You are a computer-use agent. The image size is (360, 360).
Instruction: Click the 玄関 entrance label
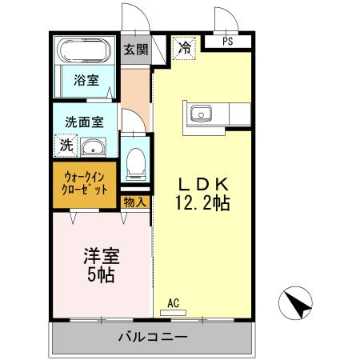point(135,49)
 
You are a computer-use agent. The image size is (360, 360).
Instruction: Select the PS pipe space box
point(228,42)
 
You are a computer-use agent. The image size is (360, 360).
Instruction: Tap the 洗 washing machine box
point(66,147)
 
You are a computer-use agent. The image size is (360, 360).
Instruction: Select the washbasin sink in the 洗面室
point(95,147)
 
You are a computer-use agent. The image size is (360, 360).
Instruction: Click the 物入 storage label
point(135,202)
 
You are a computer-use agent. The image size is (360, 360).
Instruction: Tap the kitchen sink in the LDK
point(200,114)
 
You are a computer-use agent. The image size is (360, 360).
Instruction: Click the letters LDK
point(203,182)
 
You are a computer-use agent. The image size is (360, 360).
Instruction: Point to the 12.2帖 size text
point(203,203)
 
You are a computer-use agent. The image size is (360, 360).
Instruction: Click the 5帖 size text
point(100,277)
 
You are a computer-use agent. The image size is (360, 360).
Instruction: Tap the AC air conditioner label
point(173,304)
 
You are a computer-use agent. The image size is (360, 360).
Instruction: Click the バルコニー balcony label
point(154,336)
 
